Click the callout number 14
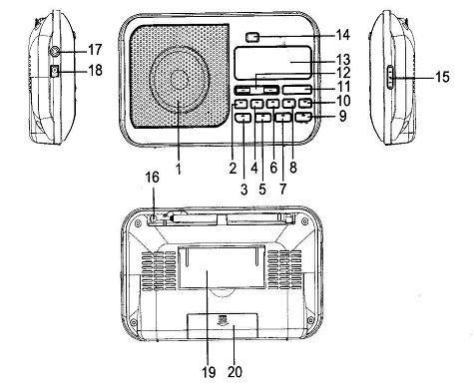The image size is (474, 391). (x=343, y=35)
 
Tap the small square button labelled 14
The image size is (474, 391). (x=253, y=37)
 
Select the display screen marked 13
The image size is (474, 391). (x=272, y=63)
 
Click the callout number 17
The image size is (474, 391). (x=95, y=50)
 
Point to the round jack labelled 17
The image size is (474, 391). (x=55, y=51)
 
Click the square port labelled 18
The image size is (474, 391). (x=55, y=71)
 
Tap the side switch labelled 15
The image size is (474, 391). (x=390, y=77)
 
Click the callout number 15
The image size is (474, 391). (x=442, y=77)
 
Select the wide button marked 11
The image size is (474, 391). (x=297, y=90)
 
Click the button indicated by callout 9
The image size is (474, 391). (x=303, y=117)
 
